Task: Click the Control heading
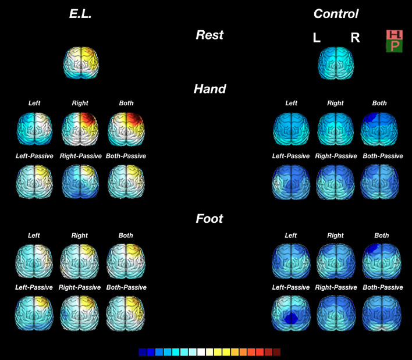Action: (x=336, y=13)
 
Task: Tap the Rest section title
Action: (x=209, y=35)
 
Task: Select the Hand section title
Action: (x=209, y=89)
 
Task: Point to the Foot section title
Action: (x=209, y=219)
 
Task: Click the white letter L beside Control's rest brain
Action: (x=317, y=38)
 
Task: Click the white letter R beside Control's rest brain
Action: (x=355, y=38)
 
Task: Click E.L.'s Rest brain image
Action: (x=81, y=62)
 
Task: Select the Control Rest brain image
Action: (x=336, y=62)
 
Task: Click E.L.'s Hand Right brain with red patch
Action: (x=80, y=128)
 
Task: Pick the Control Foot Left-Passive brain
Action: (x=291, y=314)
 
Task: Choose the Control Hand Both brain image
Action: (x=379, y=128)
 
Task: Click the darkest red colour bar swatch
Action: (x=276, y=352)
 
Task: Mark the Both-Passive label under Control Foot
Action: (x=382, y=287)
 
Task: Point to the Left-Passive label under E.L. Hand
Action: (x=35, y=156)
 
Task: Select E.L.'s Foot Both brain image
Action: (x=126, y=261)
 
